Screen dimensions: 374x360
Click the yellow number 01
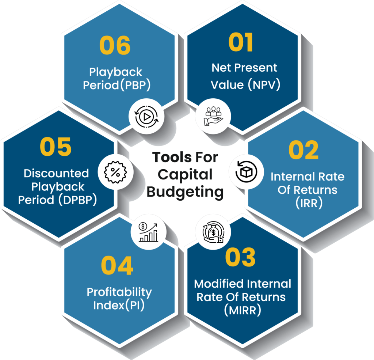coord(241,42)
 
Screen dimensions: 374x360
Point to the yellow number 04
coord(117,265)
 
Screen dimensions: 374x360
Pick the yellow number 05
coord(56,147)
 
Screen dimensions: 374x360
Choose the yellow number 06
coord(115,45)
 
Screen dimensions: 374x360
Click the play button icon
coord(146,117)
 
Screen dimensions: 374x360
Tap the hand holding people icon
coord(213,116)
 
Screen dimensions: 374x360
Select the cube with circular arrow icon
coord(246,172)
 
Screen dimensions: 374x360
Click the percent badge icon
coord(115,172)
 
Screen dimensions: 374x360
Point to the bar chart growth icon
coord(148,232)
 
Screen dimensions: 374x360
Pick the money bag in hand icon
coord(213,232)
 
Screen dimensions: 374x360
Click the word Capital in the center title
coord(185,175)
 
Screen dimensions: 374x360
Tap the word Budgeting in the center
coord(185,192)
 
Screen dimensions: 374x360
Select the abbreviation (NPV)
coord(264,85)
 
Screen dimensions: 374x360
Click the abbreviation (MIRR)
coord(243,310)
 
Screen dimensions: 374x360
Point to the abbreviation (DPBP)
coord(78,200)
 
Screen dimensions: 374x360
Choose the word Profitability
coord(119,292)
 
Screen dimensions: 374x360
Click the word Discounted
coord(56,173)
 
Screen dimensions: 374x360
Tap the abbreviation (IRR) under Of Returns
coord(309,203)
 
